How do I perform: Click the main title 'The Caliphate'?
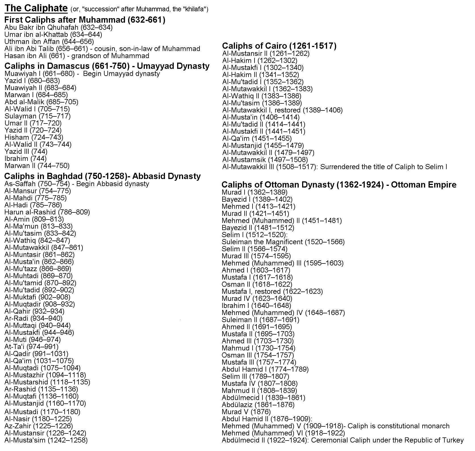36,8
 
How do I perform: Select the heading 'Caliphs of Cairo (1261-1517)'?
279,46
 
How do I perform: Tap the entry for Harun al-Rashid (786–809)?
47,212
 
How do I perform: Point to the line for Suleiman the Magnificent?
283,242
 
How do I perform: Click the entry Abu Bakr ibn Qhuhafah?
58,27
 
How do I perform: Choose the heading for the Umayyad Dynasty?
107,66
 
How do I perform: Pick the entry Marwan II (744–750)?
37,166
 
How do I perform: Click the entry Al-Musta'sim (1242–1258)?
46,440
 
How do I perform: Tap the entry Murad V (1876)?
246,412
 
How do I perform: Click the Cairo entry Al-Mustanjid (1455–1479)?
263,146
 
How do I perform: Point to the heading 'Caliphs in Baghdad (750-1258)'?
65,176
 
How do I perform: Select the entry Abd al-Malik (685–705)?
41,102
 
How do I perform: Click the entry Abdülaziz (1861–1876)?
258,405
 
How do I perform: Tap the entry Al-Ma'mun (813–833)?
39,226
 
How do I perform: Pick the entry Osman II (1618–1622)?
257,284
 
